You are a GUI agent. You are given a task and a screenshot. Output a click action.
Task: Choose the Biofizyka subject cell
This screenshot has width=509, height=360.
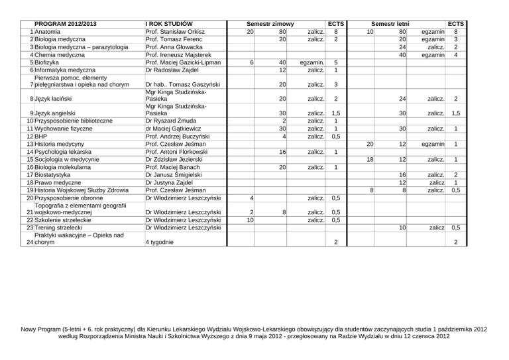pos(50,62)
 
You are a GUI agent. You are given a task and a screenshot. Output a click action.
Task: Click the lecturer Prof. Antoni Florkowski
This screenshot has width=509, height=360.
pos(178,151)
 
